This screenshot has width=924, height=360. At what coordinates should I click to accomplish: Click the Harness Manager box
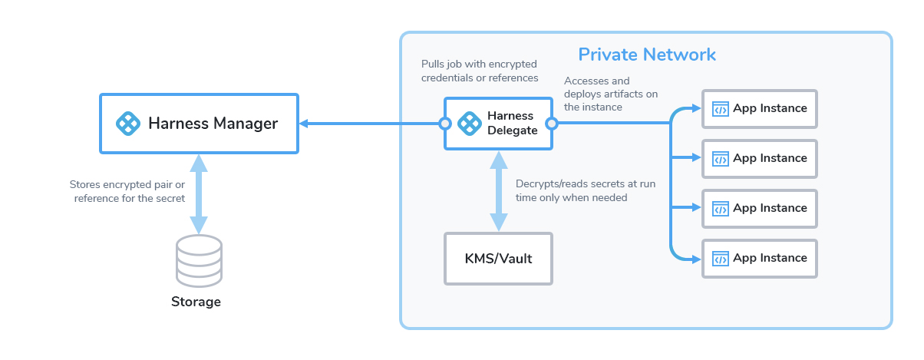coord(198,123)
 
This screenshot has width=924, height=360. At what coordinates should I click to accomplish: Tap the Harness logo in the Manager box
coord(129,123)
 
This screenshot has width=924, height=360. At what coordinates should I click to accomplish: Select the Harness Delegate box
coord(498,123)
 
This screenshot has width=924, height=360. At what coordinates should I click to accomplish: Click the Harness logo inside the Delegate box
coord(469,123)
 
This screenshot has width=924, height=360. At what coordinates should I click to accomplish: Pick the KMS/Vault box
coord(498,258)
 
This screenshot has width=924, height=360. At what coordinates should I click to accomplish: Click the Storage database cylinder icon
coord(199,260)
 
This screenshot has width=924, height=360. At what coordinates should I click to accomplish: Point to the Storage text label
coord(196,302)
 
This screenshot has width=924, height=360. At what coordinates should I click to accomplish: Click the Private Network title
coord(646,54)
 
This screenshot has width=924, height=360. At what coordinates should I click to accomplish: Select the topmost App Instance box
coord(759,108)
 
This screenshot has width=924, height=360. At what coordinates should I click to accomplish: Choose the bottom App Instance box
coord(759,258)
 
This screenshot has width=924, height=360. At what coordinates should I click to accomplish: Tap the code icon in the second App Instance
coord(720,159)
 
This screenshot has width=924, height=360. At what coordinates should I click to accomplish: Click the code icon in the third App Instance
coord(720,209)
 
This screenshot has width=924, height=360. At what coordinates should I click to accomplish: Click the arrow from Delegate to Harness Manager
coord(368,124)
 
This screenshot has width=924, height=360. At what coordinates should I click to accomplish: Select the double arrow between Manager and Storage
coord(199,193)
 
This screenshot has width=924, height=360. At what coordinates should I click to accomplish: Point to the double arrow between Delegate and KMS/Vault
coord(498,190)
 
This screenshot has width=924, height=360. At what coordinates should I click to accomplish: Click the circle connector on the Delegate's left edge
coord(444,124)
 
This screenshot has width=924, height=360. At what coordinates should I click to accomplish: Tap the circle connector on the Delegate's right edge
coord(551,124)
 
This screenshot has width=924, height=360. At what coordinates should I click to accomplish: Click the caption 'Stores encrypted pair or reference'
coord(127,192)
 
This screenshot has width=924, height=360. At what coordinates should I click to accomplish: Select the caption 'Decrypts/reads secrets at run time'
coord(585,190)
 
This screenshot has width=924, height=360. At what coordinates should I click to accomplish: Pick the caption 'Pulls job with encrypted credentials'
coord(480,71)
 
